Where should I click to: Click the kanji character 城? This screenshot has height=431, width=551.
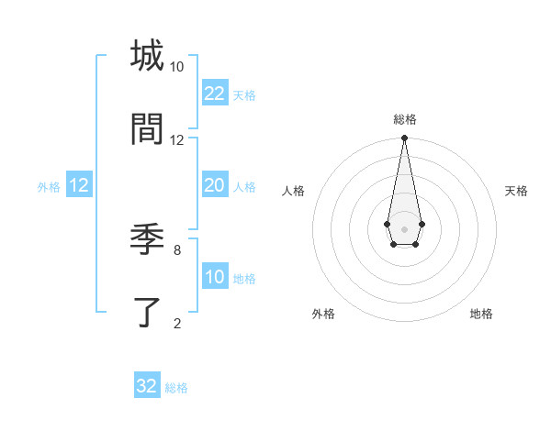tap(147, 55)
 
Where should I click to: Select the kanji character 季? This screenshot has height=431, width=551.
tap(147, 240)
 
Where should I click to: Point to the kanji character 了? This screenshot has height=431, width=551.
tap(147, 313)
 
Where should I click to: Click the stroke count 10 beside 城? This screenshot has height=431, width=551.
tap(177, 67)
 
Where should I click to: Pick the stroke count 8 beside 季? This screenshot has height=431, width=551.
tap(177, 249)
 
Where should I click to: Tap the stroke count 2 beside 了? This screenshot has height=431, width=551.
tap(177, 323)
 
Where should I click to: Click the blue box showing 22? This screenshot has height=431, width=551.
tap(214, 94)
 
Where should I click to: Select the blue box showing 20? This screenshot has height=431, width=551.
tap(214, 185)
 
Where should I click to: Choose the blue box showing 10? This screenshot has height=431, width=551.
tap(214, 277)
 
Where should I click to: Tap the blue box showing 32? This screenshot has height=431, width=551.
tap(147, 386)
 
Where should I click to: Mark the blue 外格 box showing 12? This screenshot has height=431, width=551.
tap(79, 185)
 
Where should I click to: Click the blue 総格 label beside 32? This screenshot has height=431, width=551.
tap(176, 388)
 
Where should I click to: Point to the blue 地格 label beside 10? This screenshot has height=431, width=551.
tap(244, 279)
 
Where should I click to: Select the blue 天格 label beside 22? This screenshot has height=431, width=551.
tap(244, 95)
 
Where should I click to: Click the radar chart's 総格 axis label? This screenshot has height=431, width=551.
tap(405, 120)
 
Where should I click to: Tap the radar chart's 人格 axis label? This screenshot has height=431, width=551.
tap(294, 191)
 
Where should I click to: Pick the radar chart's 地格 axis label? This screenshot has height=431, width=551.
tap(481, 314)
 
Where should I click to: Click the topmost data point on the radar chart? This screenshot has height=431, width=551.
tap(404, 138)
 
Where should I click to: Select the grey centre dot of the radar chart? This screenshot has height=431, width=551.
tap(404, 227)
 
